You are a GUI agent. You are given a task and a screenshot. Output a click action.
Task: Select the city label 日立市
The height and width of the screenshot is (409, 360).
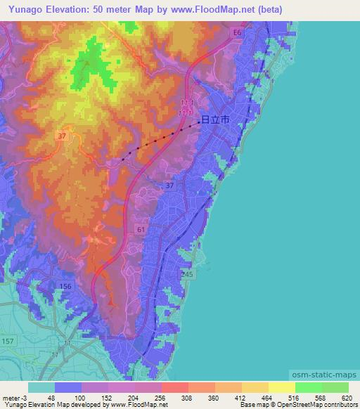(215, 120)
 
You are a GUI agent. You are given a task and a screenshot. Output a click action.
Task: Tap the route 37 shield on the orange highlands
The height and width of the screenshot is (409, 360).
(62, 136)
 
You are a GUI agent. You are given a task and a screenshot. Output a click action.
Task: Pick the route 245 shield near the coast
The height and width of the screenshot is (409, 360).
(186, 275)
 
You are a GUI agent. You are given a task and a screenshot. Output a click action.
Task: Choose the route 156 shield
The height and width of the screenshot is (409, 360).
(66, 286)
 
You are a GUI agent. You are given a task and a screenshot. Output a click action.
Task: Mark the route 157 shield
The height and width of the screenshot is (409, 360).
(8, 340)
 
